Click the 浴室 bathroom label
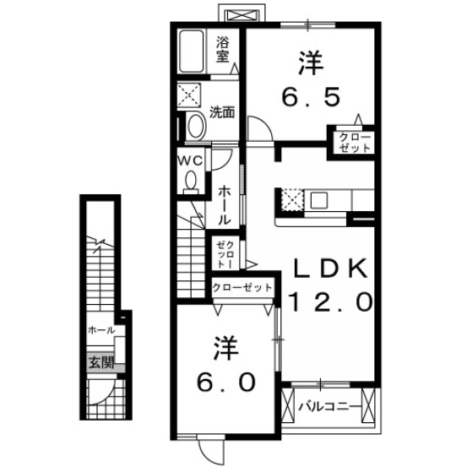[x=222, y=49]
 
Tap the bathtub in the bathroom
[x=191, y=52]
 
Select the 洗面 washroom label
[x=222, y=112]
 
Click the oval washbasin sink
[x=196, y=127]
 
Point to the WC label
[x=190, y=161]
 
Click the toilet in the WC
[x=191, y=182]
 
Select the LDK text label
[x=330, y=268]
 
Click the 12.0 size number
[x=330, y=302]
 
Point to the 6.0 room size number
[x=226, y=382]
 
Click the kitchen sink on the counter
[x=319, y=200]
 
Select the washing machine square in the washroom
[x=189, y=95]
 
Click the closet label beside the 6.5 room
[x=355, y=143]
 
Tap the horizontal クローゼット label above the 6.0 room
[x=242, y=287]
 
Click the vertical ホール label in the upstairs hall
[x=224, y=206]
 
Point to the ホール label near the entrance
[x=101, y=330]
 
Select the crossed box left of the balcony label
[x=288, y=405]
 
